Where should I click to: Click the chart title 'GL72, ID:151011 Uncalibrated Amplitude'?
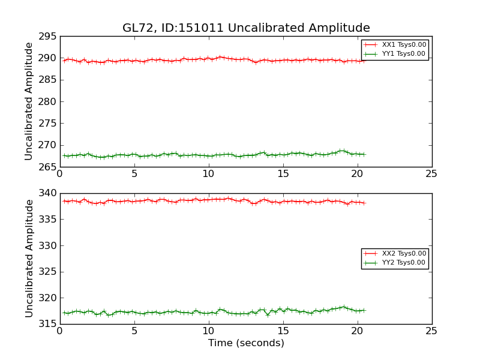tap(246, 28)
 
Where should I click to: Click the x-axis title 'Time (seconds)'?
tap(246, 343)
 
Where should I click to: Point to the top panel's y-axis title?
tap(29, 101)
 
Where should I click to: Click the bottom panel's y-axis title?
tap(29, 259)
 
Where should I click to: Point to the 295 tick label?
tap(48, 37)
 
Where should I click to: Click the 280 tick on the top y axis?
tap(48, 101)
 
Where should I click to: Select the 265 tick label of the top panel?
tap(48, 167)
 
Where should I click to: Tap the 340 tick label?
tap(48, 194)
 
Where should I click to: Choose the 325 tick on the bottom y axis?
tap(48, 272)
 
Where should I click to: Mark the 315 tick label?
tap(48, 324)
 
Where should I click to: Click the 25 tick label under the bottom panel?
tap(431, 331)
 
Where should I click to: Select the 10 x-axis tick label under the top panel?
tap(208, 174)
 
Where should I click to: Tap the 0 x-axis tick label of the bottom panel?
tap(59, 331)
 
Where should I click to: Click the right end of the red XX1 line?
tap(364, 60)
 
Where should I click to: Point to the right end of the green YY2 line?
tap(364, 310)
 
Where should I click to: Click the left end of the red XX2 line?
tap(64, 201)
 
